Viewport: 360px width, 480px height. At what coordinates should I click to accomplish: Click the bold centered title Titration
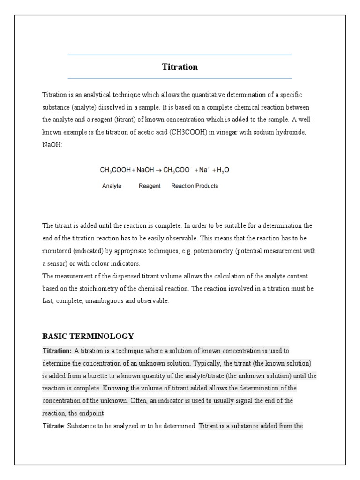tap(180, 67)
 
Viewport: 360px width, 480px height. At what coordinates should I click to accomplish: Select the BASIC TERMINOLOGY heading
tap(88, 336)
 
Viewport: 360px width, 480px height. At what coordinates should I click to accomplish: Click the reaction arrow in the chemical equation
tap(158, 171)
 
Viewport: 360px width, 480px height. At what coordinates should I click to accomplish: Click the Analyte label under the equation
tap(112, 186)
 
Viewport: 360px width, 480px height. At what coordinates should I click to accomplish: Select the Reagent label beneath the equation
tap(150, 186)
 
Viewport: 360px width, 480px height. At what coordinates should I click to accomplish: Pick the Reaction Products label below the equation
tap(195, 186)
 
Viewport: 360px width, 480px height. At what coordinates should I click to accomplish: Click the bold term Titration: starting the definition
tap(57, 351)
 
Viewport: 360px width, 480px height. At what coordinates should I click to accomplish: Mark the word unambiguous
tap(109, 301)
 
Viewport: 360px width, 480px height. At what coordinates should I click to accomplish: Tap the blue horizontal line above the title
tap(180, 55)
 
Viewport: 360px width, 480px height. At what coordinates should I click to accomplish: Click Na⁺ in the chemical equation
tap(203, 171)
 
